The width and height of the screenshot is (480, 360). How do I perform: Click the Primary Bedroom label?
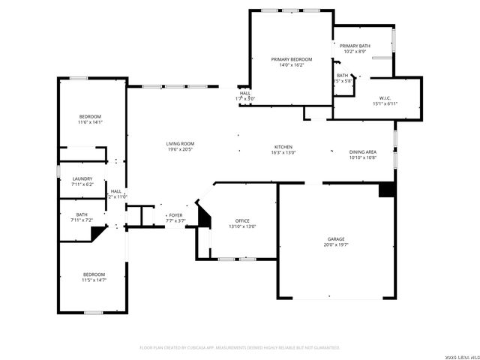click(292, 59)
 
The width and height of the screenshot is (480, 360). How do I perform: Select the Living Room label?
click(180, 143)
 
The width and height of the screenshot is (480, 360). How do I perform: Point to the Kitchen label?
click(283, 147)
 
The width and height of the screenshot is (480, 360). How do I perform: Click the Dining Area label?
click(362, 152)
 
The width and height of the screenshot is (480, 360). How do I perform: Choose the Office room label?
click(242, 220)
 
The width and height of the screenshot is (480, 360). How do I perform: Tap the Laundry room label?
click(82, 178)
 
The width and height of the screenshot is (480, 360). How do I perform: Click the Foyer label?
click(175, 214)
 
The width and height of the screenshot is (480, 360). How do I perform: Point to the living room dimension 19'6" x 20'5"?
click(180, 149)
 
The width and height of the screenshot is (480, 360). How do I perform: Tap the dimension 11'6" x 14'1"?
click(91, 122)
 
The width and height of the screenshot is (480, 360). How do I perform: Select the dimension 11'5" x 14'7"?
click(94, 280)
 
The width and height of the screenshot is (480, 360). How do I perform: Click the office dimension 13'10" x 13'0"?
click(242, 226)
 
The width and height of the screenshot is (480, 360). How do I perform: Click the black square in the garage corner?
click(386, 190)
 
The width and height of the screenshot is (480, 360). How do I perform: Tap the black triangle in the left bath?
click(96, 233)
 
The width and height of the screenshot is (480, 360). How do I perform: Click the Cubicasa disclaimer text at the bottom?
click(240, 347)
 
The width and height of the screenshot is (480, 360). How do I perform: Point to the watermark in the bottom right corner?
click(460, 355)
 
